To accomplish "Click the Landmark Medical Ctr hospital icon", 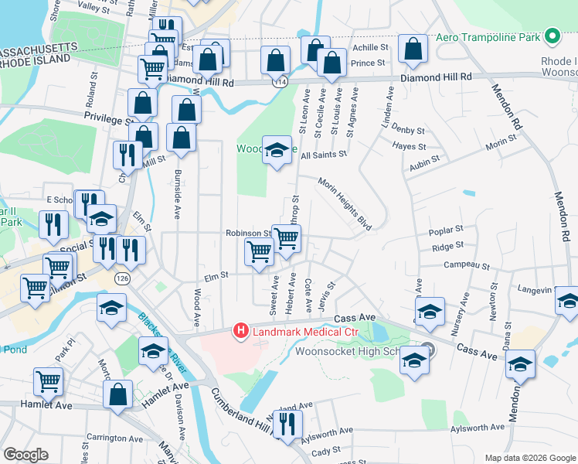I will pyautogui.click(x=240, y=332).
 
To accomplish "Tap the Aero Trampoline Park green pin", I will pyautogui.click(x=552, y=36).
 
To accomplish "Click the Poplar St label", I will pyautogui.click(x=447, y=230).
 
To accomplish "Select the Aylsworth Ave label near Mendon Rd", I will pyautogui.click(x=476, y=428).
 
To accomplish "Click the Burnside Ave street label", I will pyautogui.click(x=177, y=193).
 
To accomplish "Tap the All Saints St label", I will pyautogui.click(x=324, y=155).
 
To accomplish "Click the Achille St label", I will pyautogui.click(x=369, y=47).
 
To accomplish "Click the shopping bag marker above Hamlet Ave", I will pyautogui.click(x=117, y=395).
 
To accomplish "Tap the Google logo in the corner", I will pyautogui.click(x=25, y=455).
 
